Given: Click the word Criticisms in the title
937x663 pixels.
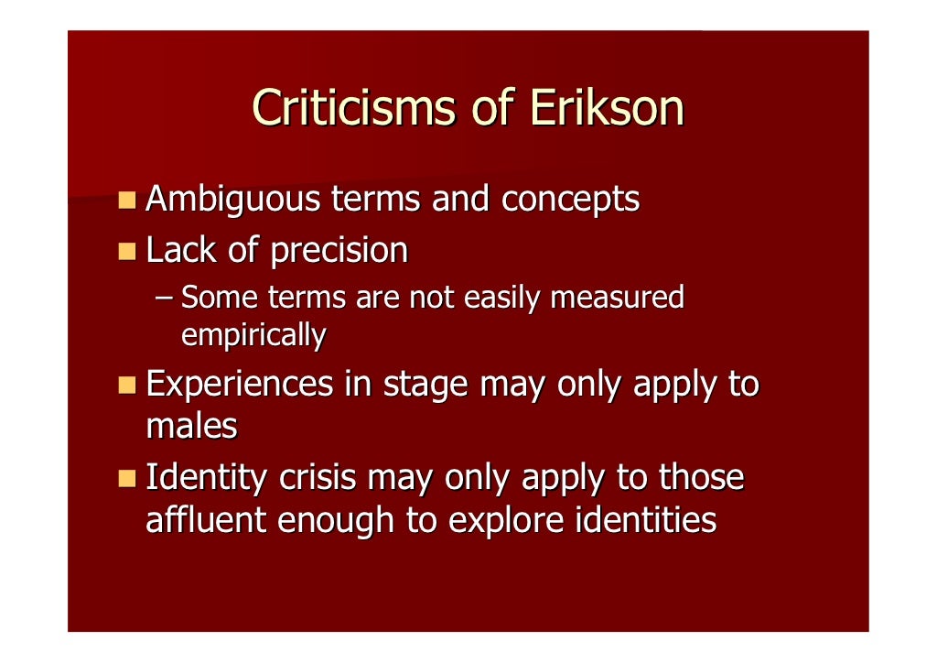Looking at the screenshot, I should (352, 108).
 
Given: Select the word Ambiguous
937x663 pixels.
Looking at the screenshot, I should (232, 200).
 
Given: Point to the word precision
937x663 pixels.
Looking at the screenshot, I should (339, 251).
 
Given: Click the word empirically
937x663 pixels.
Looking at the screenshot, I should (253, 336).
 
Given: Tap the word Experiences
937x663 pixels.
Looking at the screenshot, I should (240, 385).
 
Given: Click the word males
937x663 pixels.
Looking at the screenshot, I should (191, 426).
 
